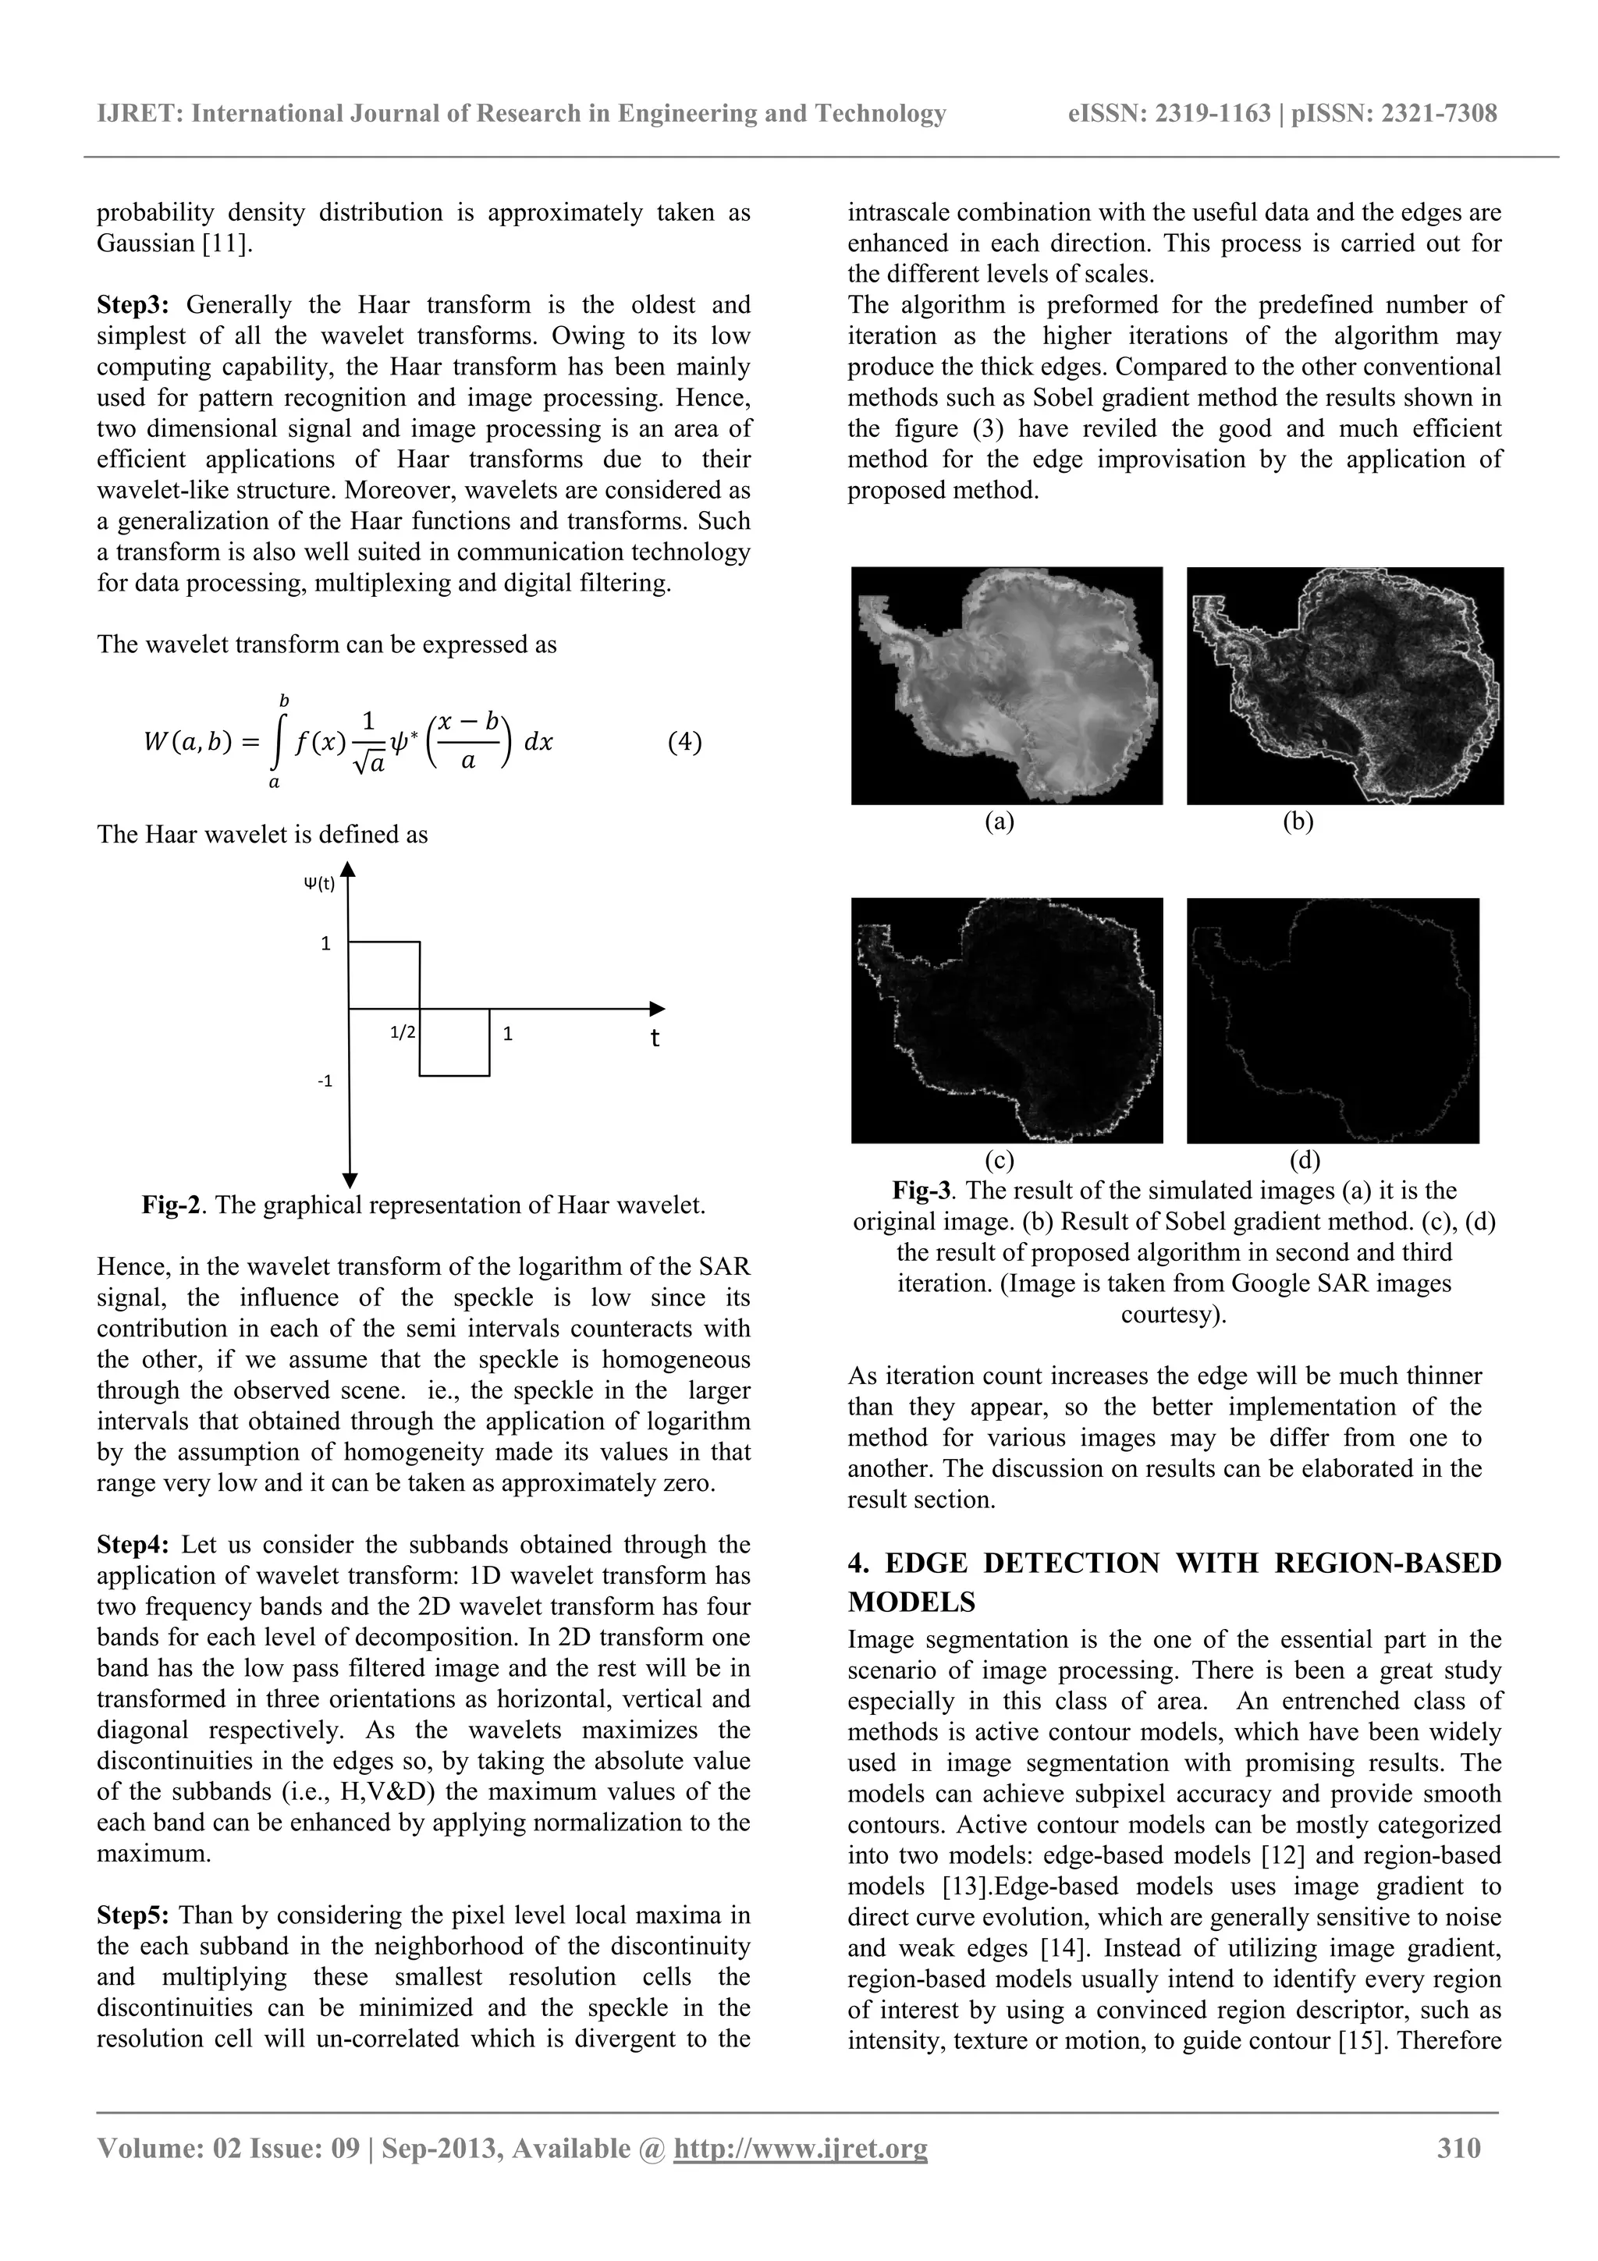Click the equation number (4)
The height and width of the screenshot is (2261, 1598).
684,741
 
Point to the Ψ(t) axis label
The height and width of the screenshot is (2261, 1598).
319,883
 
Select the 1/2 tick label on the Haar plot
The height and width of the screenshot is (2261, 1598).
403,1033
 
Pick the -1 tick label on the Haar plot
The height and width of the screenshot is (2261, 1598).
324,1081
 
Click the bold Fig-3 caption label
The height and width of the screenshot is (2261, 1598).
922,1191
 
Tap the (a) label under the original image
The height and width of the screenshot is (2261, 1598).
1000,822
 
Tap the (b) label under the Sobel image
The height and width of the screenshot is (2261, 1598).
1298,822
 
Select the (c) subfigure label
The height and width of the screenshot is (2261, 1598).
1000,1160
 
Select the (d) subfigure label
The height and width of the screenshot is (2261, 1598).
1305,1160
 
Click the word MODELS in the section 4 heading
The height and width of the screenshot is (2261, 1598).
911,1603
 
